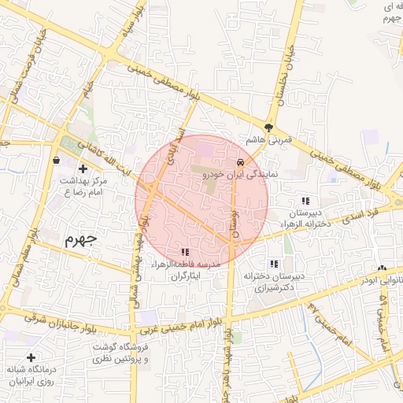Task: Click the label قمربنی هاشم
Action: (x=268, y=140)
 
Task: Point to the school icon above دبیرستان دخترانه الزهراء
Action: (x=305, y=200)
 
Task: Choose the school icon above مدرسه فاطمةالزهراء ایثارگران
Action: (x=184, y=251)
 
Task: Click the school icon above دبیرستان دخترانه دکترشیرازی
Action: (x=274, y=264)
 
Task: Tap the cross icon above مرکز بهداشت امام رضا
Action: (x=83, y=168)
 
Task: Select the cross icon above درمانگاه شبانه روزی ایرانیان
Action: (x=31, y=358)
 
